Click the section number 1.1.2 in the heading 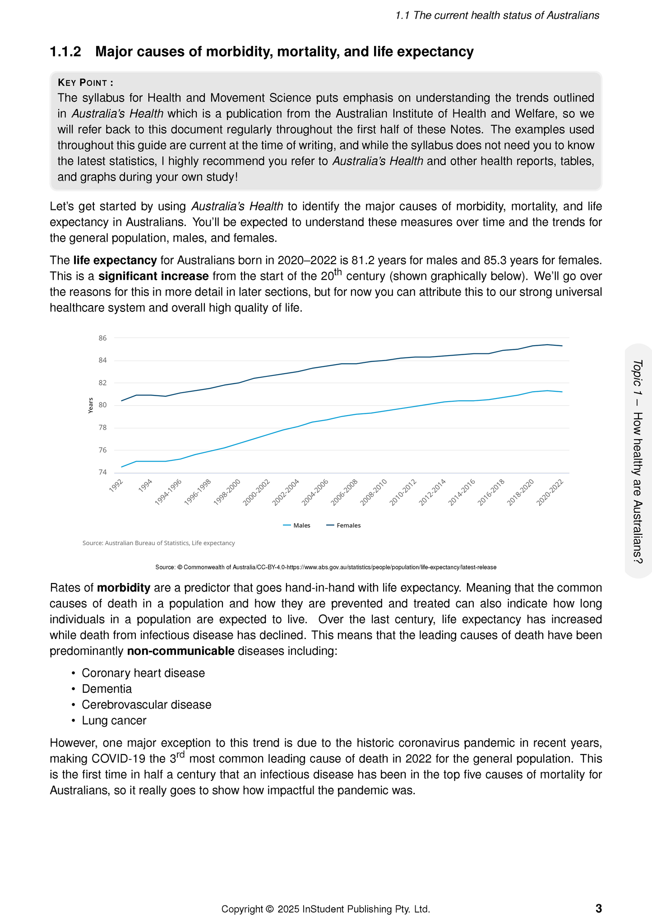coord(65,52)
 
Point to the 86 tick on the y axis coord(102,338)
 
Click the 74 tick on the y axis coord(102,473)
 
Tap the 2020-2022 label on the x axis coord(550,493)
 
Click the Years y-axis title coord(91,405)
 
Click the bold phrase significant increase coord(153,276)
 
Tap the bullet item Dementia coord(107,689)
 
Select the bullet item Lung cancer coord(114,720)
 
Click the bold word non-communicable coord(180,651)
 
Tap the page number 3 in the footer coord(598,908)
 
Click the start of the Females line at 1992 coord(122,400)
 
